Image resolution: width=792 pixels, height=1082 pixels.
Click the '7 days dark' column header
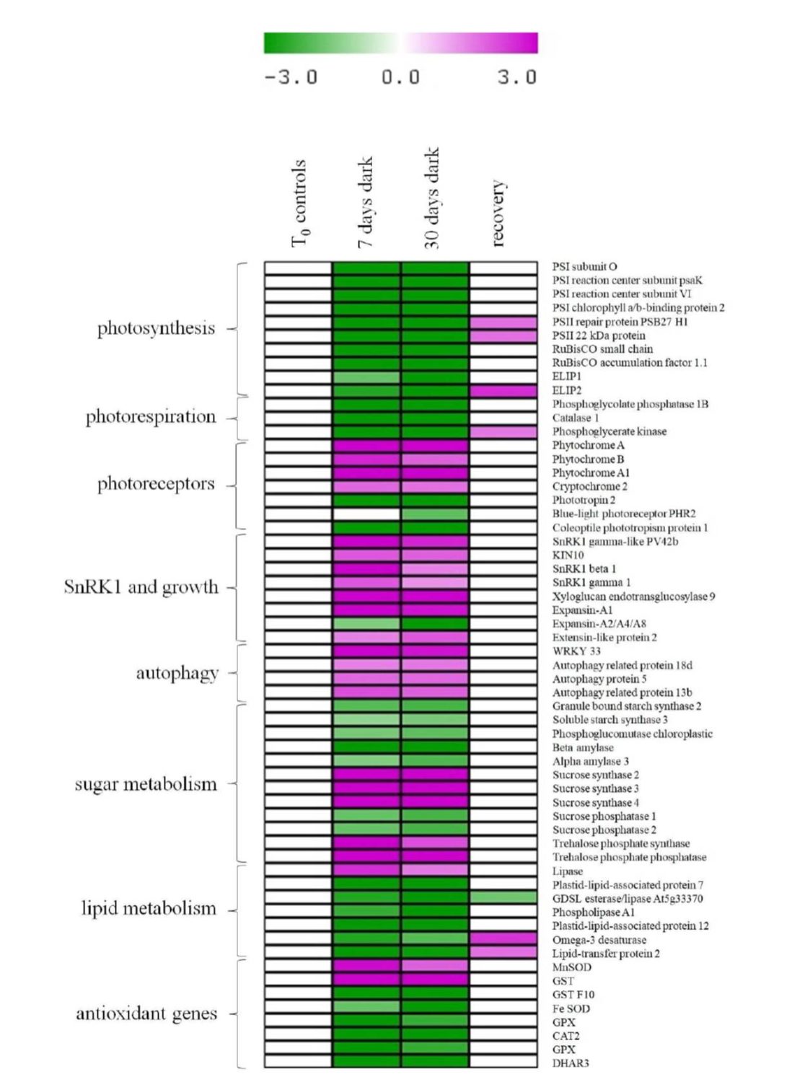[366, 203]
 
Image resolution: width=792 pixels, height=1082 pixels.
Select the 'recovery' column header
[497, 214]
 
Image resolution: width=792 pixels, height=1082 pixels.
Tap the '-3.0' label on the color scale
[291, 77]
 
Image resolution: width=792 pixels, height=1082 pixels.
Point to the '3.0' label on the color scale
[516, 77]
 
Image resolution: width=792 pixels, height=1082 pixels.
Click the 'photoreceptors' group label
[156, 484]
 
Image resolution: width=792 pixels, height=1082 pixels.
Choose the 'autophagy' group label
[177, 674]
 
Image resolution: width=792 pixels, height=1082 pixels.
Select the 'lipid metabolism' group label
[149, 909]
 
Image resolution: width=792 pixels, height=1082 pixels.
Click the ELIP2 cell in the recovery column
[503, 391]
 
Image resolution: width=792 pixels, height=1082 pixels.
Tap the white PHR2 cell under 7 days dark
[366, 514]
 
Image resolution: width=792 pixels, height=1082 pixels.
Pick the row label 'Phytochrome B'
[588, 459]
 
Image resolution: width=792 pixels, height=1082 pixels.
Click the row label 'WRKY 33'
[576, 651]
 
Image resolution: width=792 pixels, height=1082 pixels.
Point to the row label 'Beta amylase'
[583, 748]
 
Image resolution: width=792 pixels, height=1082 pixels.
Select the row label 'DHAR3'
[571, 1063]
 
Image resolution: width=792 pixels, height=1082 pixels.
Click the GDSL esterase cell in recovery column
[503, 898]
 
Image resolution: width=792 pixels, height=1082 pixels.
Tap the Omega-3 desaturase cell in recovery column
[503, 939]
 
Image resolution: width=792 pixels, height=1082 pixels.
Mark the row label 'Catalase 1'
[576, 418]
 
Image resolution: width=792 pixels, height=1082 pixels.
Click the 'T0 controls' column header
[299, 203]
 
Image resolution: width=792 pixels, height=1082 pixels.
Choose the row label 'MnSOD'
[572, 967]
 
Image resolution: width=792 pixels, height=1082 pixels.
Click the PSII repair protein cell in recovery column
[503, 322]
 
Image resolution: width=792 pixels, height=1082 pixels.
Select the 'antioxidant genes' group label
[146, 1014]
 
